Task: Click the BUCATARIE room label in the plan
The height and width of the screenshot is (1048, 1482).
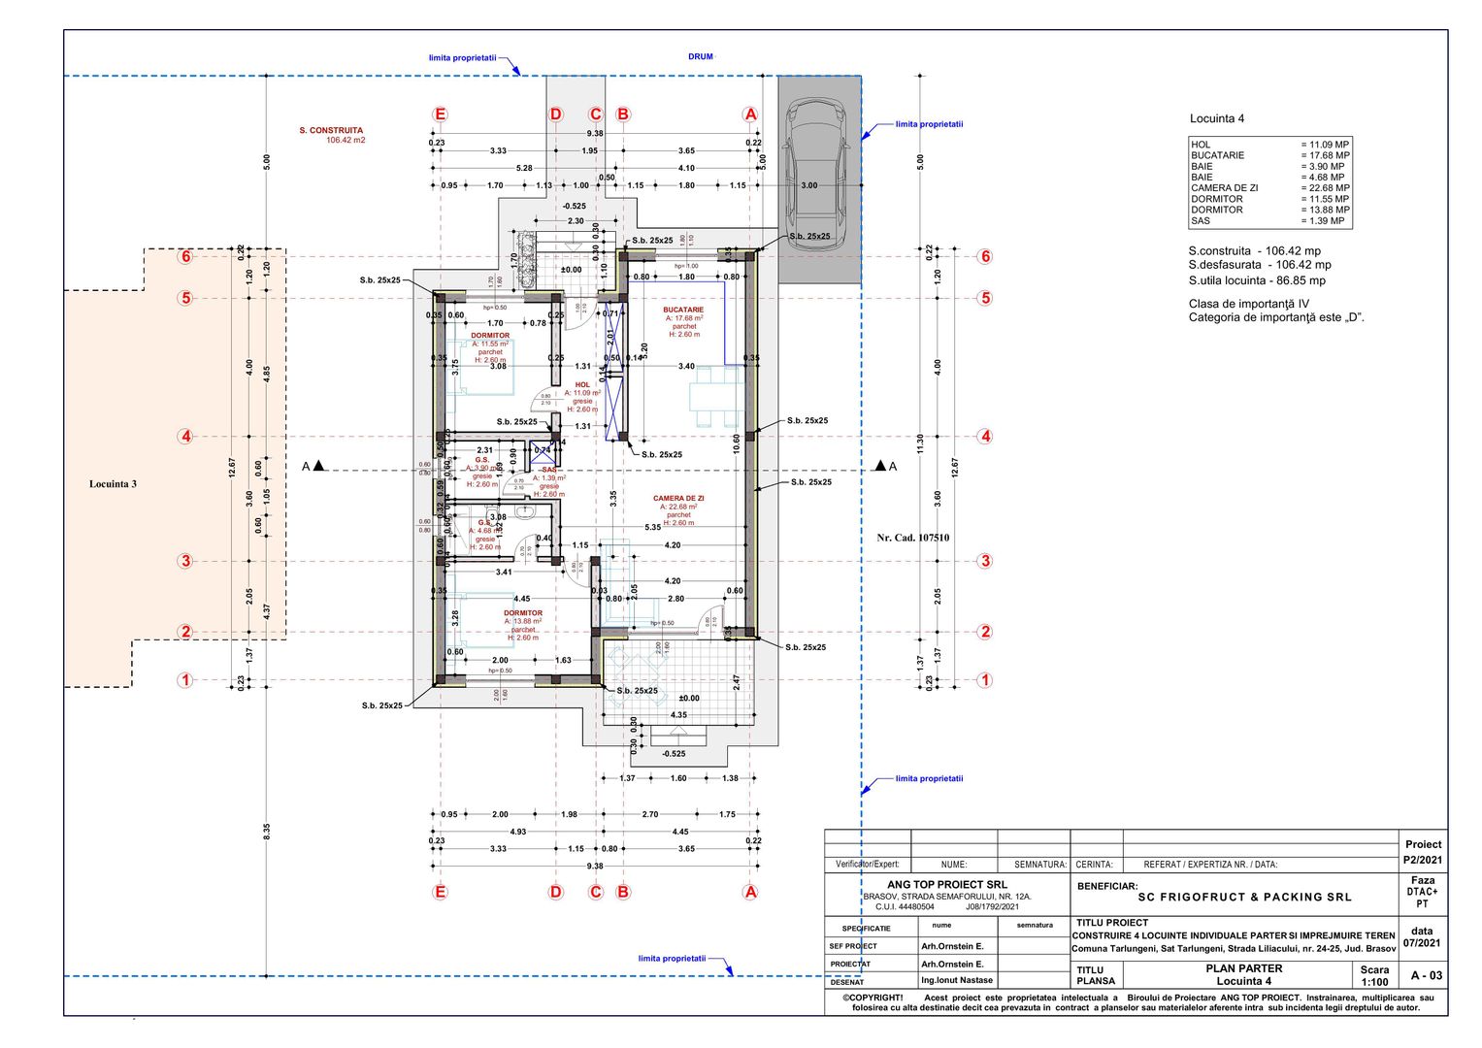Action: pos(683,310)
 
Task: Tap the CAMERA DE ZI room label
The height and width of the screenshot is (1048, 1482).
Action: pos(678,498)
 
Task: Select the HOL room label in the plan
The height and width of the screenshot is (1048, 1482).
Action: pos(582,385)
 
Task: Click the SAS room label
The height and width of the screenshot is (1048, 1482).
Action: pos(549,470)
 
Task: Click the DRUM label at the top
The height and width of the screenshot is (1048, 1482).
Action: pos(701,56)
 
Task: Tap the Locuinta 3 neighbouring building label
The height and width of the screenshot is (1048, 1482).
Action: pos(114,484)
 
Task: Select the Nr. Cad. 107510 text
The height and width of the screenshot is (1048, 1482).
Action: pos(912,538)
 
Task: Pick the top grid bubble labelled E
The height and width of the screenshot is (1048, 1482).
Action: pos(440,115)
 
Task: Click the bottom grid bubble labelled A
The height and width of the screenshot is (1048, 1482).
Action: pos(749,892)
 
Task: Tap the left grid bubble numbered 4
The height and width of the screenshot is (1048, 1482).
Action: pos(185,437)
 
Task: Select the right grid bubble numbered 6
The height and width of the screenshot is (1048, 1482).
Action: pos(985,257)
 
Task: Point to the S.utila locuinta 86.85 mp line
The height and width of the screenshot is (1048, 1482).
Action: pos(1257,280)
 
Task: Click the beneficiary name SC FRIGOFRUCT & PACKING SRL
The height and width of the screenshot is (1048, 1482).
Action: pos(1244,898)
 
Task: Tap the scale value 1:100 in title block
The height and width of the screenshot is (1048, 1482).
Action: pos(1374,982)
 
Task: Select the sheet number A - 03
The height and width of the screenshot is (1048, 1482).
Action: pos(1426,975)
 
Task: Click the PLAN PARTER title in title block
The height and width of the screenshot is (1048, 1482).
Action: pos(1243,968)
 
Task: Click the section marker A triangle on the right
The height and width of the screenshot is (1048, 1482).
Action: pos(881,467)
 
